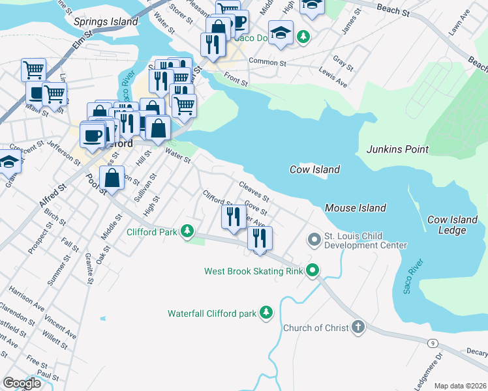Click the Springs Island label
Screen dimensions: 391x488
tap(106, 22)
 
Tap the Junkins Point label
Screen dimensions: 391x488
tap(397, 149)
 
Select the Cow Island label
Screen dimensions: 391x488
tap(314, 169)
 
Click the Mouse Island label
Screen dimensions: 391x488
tap(356, 208)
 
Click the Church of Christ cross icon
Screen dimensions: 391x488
tap(358, 327)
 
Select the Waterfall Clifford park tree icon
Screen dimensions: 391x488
tap(266, 313)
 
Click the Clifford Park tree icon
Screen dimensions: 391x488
tap(188, 231)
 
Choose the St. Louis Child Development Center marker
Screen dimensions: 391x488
tap(314, 240)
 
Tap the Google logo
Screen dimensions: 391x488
tap(22, 383)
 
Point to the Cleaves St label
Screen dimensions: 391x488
tap(254, 192)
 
